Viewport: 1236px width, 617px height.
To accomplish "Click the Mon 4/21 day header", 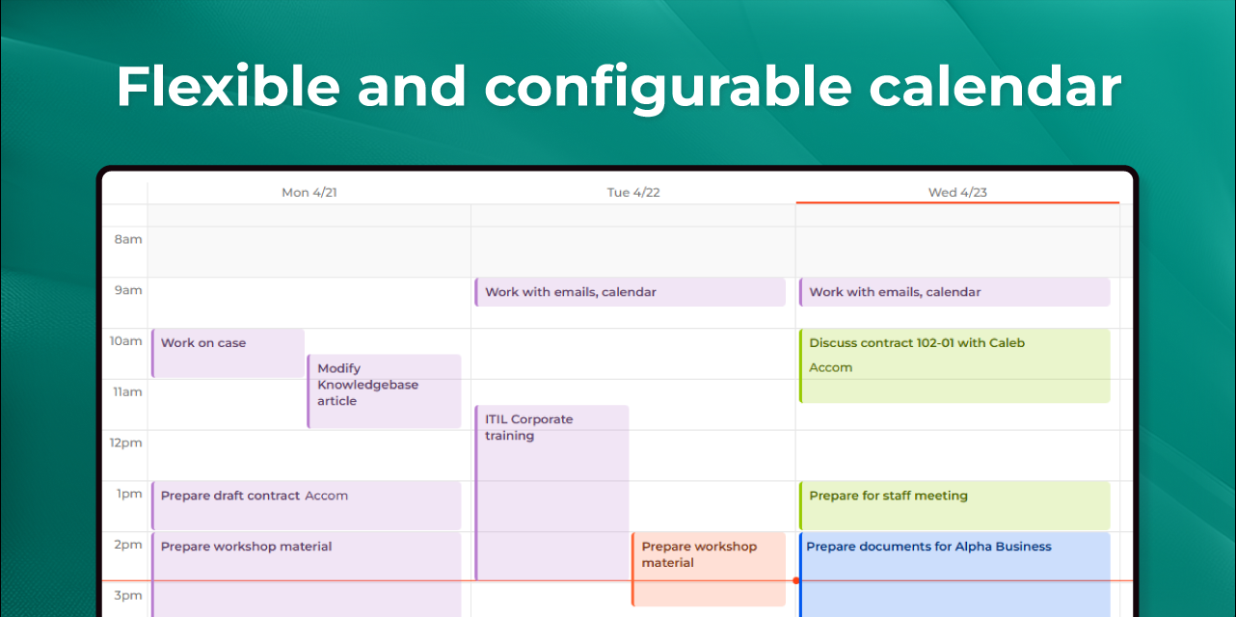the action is [309, 192].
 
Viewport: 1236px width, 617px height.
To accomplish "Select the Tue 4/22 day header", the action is [633, 192].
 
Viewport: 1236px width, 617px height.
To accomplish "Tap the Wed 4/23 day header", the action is [957, 192].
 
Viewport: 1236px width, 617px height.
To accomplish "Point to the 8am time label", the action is [128, 239].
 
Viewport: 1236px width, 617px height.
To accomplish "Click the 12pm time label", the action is [125, 443].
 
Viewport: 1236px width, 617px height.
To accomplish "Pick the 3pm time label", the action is [128, 596].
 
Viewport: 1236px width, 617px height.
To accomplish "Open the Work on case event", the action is [228, 353].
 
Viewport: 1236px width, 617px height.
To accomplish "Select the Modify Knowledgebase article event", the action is [384, 391].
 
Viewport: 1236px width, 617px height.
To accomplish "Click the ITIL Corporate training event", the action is [551, 493].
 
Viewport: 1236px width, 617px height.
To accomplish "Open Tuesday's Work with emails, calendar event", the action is [631, 292].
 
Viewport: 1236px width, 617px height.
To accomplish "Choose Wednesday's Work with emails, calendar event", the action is [954, 292].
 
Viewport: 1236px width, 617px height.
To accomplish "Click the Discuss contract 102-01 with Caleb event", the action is [954, 366].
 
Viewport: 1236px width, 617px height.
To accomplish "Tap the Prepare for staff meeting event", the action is [954, 505].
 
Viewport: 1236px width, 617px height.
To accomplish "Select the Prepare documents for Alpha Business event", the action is [954, 575].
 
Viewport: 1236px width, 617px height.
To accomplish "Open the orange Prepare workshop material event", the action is [709, 569].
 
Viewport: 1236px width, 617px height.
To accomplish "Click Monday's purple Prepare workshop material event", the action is [307, 575].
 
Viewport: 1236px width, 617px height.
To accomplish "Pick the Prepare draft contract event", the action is [307, 505].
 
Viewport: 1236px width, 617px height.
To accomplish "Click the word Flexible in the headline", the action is [228, 86].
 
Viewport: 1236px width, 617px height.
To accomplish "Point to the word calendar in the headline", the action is [995, 86].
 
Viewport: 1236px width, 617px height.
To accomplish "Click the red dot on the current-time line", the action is [795, 580].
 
